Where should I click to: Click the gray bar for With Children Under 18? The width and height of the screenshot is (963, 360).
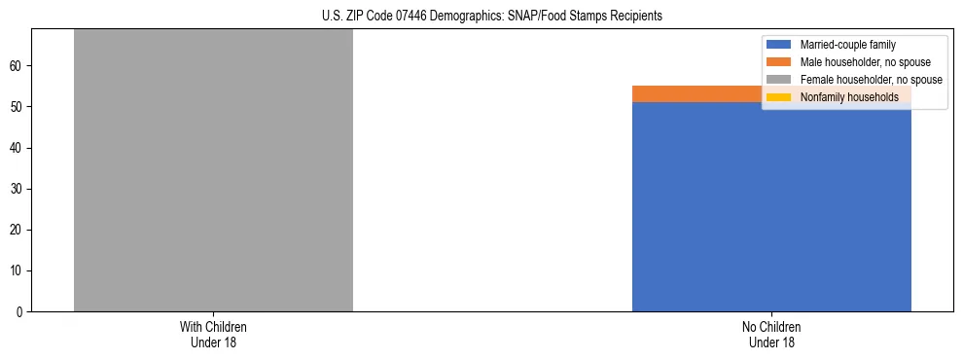[213, 170]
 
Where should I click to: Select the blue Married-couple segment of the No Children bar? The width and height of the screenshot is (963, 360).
[771, 206]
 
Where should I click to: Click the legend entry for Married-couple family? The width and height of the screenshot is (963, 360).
[847, 45]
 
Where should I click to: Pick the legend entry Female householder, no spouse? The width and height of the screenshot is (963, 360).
[871, 80]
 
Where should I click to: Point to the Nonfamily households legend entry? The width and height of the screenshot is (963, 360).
[849, 97]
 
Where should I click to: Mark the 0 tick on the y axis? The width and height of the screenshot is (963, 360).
[20, 311]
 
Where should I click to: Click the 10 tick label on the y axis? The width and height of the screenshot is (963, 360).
[18, 270]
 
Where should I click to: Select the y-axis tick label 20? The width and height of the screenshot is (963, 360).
[18, 230]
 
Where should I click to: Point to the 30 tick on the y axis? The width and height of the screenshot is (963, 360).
[18, 189]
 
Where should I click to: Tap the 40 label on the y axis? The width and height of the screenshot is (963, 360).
[18, 148]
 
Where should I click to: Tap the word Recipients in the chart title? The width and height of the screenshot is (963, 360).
[634, 16]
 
